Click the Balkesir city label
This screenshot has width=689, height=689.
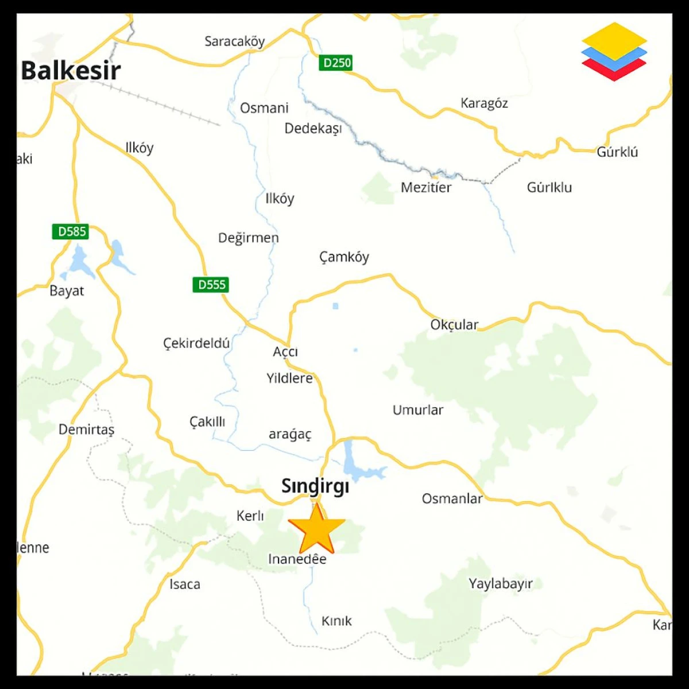click(71, 71)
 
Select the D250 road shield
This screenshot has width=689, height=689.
click(336, 63)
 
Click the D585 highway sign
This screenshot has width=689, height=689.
click(72, 231)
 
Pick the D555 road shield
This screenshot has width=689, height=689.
click(211, 284)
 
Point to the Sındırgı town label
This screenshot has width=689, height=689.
click(315, 486)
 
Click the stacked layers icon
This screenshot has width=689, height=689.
click(614, 51)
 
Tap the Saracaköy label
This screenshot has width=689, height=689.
click(234, 41)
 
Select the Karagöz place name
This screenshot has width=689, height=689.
click(484, 103)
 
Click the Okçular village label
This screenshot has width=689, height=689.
click(454, 324)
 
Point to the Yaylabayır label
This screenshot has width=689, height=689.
click(501, 584)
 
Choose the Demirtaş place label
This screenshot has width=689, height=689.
click(86, 429)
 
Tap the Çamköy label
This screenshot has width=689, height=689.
click(344, 257)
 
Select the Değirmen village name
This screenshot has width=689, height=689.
click(248, 238)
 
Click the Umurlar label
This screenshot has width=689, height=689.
click(417, 410)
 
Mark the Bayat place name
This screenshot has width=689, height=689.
click(67, 291)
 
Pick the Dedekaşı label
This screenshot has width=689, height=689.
click(313, 128)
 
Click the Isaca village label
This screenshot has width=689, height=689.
click(185, 585)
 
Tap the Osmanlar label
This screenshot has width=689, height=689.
click(452, 498)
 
